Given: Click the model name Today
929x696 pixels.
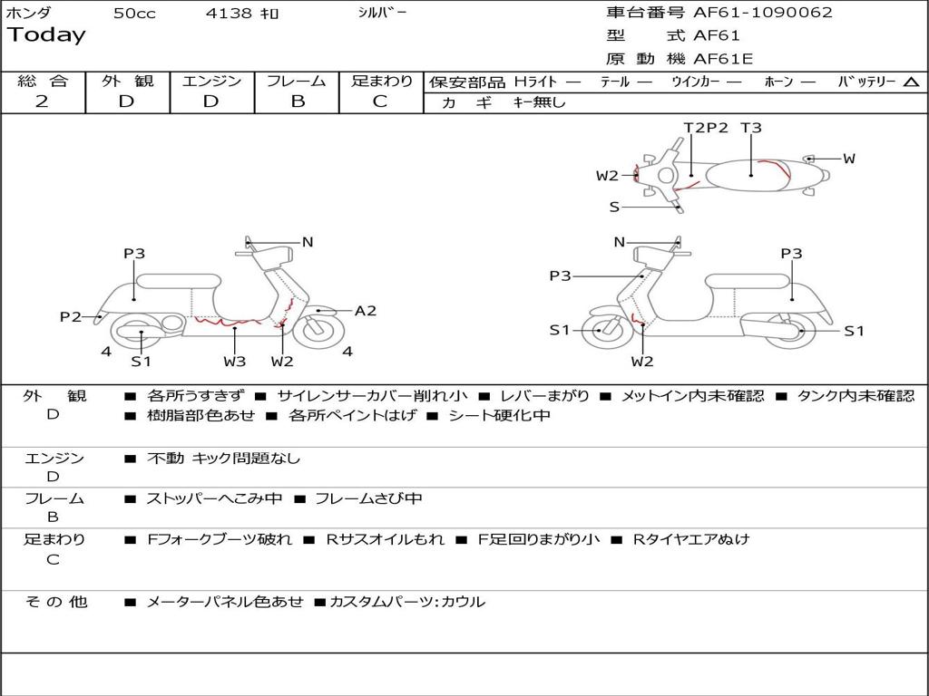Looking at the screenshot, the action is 46,35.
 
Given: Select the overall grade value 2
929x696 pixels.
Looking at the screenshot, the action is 42,101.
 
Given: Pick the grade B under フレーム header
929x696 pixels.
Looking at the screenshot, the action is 297,101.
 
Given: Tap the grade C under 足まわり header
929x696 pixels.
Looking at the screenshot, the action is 380,101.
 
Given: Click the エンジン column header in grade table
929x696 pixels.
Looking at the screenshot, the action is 211,81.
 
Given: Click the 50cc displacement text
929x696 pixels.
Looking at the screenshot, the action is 134,14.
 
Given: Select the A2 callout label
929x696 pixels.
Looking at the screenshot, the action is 365,311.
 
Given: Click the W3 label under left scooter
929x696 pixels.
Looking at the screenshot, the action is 235,362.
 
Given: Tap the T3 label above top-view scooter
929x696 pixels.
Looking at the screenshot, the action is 751,128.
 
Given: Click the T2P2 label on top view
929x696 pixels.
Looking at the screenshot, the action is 706,128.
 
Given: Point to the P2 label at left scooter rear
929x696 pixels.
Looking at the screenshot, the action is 71,316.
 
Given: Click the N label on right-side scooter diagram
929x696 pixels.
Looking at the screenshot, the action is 620,242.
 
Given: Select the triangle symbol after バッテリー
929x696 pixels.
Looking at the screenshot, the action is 911,82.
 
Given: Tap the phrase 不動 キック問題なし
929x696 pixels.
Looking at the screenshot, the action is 223,459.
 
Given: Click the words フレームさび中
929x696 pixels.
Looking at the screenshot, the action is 368,498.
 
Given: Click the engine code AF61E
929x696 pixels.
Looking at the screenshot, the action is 723,59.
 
